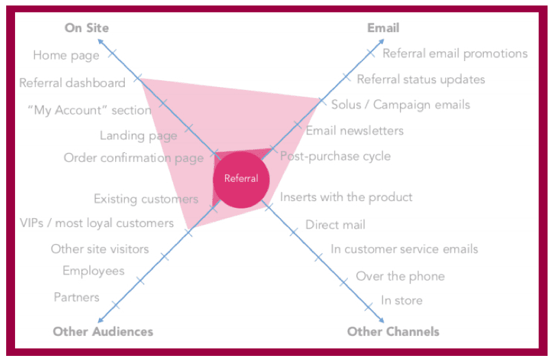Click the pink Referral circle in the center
coord(241,179)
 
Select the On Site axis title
coord(86,28)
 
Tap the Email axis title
coord(383,28)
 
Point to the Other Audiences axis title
coord(103,332)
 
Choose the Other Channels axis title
coord(393,332)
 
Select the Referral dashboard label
coord(72,83)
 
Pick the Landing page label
coord(138,136)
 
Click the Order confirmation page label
coord(133,158)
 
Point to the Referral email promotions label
coord(455,53)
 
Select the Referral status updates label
coord(421,80)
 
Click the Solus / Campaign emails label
coord(401,105)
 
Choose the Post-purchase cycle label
coord(336,156)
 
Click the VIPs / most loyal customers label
coord(97,223)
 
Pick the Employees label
coord(93,271)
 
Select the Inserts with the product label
coord(347,197)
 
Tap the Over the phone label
coord(400,276)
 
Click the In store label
coord(402,300)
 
